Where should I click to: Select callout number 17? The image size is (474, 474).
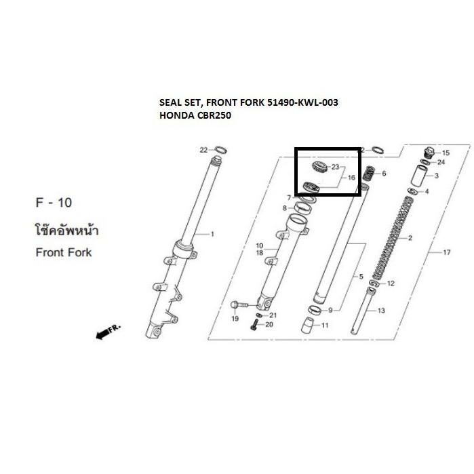[x=446, y=253]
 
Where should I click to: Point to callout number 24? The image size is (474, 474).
[x=441, y=163]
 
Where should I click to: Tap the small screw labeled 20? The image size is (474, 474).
[x=254, y=326]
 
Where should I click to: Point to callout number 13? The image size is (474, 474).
[x=381, y=310]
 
